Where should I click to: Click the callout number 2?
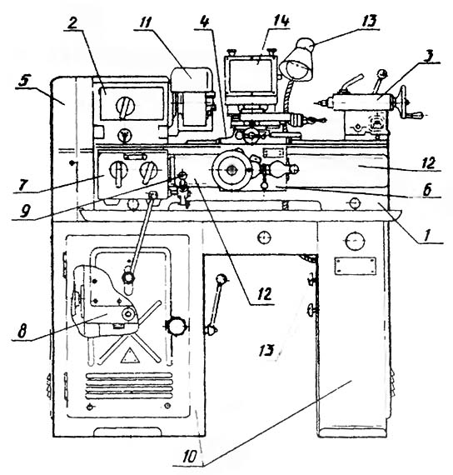point(72,23)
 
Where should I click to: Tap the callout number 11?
point(146,22)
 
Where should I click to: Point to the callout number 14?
point(281,21)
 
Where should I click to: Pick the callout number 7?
point(22,184)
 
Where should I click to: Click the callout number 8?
point(22,331)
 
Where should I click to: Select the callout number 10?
point(190,456)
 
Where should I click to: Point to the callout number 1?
point(427,235)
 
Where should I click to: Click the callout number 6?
point(427,190)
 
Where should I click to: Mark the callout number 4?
point(206,22)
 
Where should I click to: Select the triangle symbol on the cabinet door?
point(130,355)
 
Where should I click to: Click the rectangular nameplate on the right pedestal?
point(356,266)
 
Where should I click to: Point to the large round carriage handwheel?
point(232,170)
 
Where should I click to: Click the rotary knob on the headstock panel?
point(125,107)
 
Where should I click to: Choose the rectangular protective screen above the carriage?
point(251,76)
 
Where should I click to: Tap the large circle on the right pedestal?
point(355,241)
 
